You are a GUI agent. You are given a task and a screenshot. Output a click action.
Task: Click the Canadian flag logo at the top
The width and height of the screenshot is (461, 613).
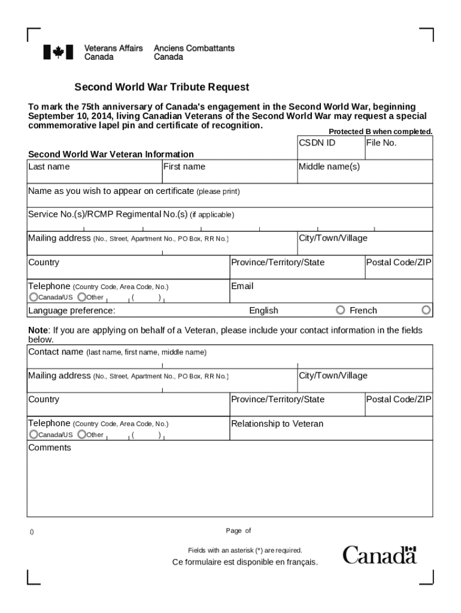point(58,52)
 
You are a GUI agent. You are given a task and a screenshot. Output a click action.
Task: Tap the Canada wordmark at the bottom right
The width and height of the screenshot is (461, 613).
point(380,555)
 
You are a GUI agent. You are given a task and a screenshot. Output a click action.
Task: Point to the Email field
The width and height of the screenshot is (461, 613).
point(331,292)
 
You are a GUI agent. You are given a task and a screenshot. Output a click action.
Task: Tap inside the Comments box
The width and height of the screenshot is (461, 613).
point(230,482)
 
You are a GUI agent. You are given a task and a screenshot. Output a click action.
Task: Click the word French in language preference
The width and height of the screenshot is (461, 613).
point(363,310)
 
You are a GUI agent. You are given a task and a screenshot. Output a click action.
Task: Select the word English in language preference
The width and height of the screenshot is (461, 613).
point(263,310)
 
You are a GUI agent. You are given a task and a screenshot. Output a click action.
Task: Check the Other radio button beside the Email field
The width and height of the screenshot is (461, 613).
point(81,297)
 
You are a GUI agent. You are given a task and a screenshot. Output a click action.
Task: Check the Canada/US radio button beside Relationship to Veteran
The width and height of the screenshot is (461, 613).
point(34,435)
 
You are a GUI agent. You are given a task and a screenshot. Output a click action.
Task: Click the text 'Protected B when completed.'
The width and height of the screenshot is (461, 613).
point(380,132)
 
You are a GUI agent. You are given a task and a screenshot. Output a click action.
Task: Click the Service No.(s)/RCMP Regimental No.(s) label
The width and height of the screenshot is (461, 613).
point(108,214)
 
